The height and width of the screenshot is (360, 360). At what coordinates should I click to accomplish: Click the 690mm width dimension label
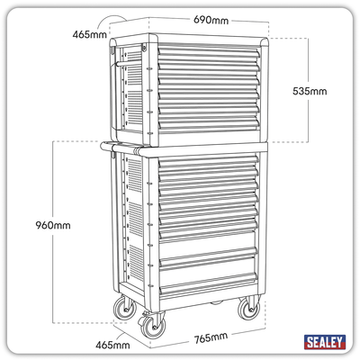tap(211, 20)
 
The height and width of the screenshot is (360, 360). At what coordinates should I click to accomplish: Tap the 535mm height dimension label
tap(310, 91)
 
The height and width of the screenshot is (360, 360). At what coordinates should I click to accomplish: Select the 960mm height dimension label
tap(53, 225)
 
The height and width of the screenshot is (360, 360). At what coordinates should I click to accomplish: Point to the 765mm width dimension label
tap(211, 338)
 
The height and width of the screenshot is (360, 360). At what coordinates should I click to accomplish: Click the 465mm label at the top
tap(89, 34)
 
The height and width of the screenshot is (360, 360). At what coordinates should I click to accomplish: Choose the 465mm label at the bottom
tap(112, 345)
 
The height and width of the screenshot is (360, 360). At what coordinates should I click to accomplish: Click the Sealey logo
tap(325, 342)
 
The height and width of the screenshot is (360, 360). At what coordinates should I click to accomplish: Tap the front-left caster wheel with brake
tap(152, 325)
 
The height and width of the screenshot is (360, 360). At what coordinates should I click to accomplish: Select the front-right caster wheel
tap(249, 308)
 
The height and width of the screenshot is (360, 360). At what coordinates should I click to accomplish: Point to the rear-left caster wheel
tap(125, 307)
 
